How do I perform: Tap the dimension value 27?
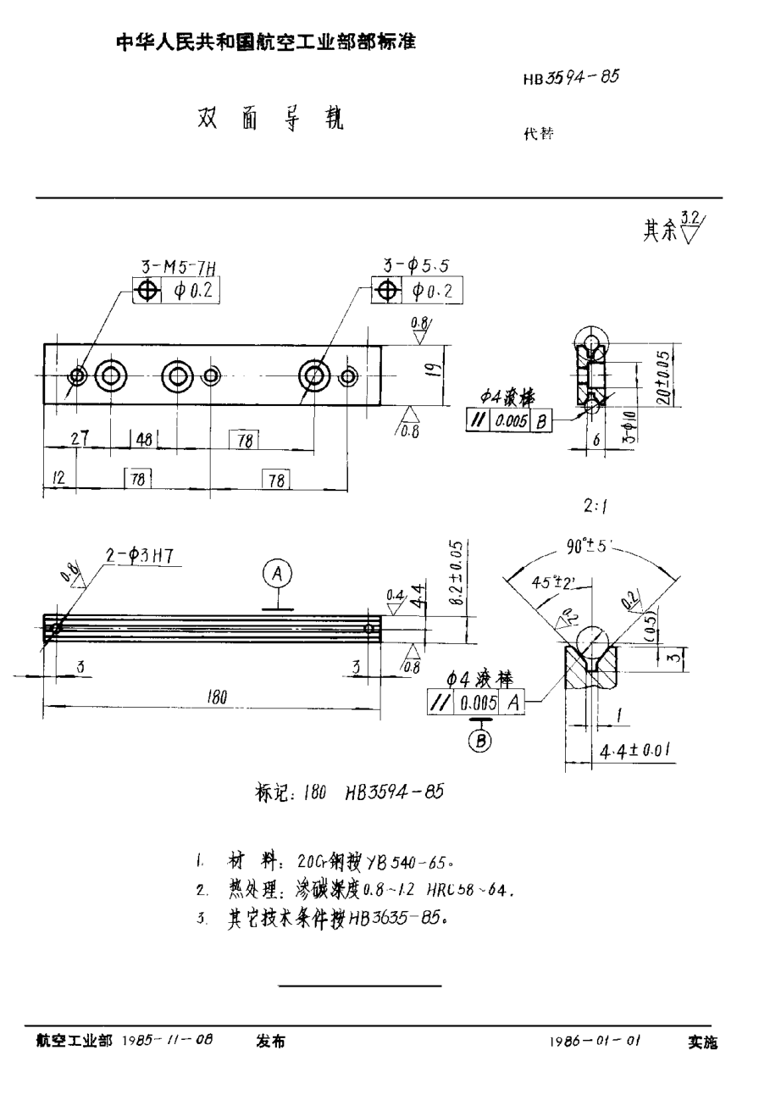coord(80,438)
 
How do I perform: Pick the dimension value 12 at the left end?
coord(58,479)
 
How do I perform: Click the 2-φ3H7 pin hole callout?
coord(138,556)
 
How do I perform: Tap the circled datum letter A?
coord(276,575)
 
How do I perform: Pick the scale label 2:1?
coord(596,508)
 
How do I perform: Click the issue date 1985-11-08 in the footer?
coord(168,1041)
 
